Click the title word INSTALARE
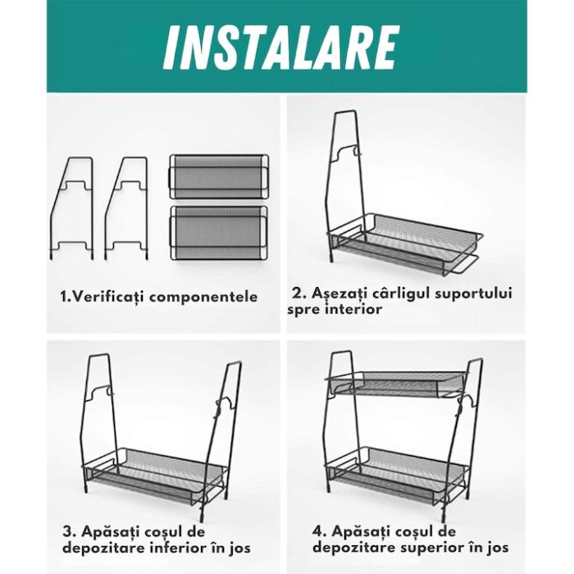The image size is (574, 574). pos(281,48)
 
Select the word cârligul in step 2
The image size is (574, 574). pos(383,293)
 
